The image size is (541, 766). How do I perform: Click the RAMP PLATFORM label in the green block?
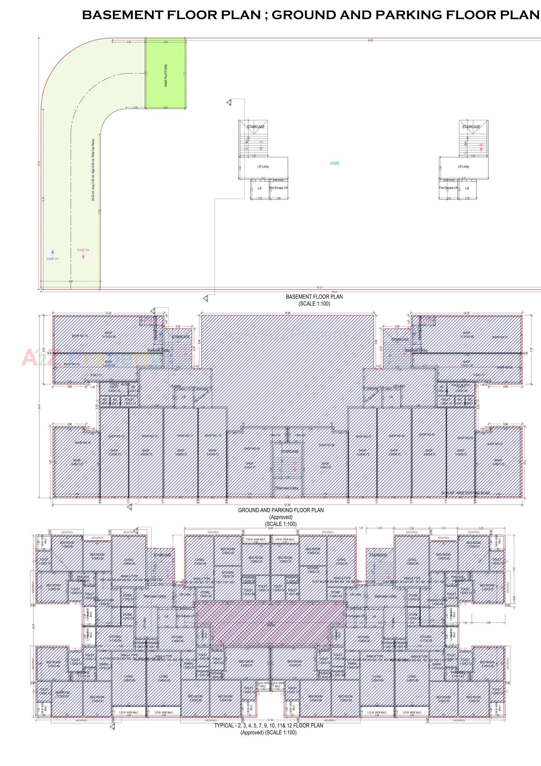tap(166, 76)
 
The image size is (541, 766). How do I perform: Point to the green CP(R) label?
tap(334, 164)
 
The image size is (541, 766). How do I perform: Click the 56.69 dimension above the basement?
tap(370, 40)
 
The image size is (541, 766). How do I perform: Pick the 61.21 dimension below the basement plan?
tap(320, 287)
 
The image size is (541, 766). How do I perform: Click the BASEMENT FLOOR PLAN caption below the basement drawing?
tap(314, 297)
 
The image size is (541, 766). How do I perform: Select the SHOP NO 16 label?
tap(80, 336)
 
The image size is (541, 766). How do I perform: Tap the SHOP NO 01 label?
tap(500, 337)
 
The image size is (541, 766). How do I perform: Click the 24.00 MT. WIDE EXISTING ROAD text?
tap(465, 493)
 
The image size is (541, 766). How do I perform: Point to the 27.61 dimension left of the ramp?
tap(39, 164)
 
